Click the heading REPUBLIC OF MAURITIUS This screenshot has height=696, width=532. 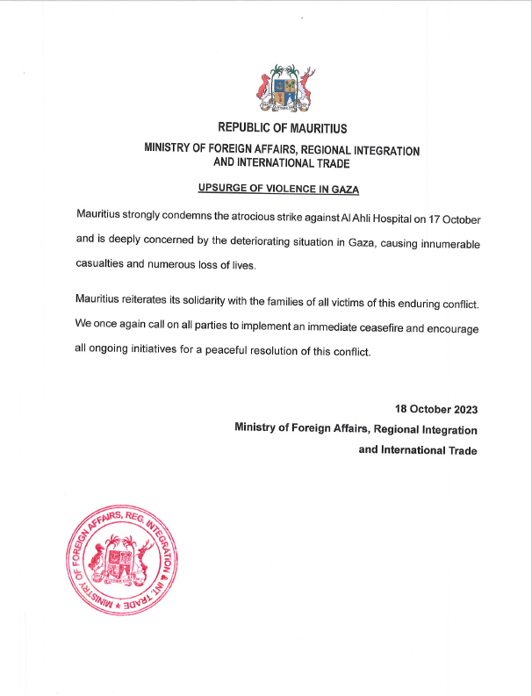(x=282, y=128)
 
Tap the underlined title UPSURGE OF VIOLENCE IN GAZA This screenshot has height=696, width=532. (x=280, y=189)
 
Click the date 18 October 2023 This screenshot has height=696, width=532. (x=436, y=410)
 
